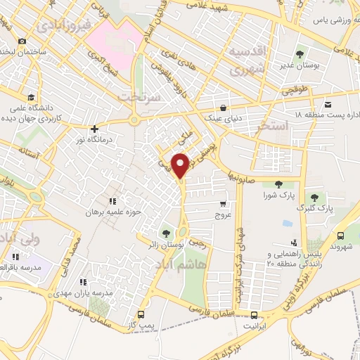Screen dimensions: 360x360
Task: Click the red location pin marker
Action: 181,165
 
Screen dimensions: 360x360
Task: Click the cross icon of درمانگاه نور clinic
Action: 94,129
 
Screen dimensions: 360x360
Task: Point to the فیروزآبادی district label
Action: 63,26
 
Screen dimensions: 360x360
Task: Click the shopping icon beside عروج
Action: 222,205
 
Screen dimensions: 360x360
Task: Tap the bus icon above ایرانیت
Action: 255,316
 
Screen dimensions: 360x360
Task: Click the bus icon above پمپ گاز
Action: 141,314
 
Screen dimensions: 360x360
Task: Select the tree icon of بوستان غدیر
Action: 301,53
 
